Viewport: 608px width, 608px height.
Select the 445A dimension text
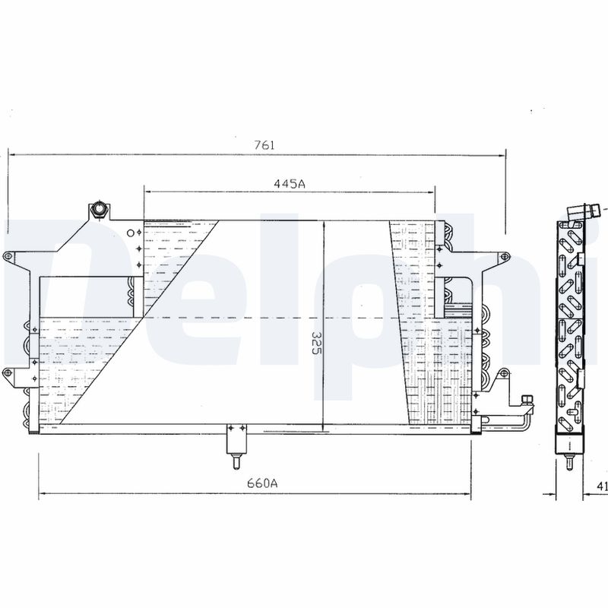(x=290, y=183)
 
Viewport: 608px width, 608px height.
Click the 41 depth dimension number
(x=602, y=486)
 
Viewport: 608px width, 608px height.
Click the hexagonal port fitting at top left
(x=97, y=210)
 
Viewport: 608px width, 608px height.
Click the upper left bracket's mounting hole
(x=8, y=257)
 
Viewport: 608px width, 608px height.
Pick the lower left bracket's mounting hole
(x=8, y=372)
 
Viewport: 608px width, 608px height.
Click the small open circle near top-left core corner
(x=131, y=232)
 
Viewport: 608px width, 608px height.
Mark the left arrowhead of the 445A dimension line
(x=147, y=192)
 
